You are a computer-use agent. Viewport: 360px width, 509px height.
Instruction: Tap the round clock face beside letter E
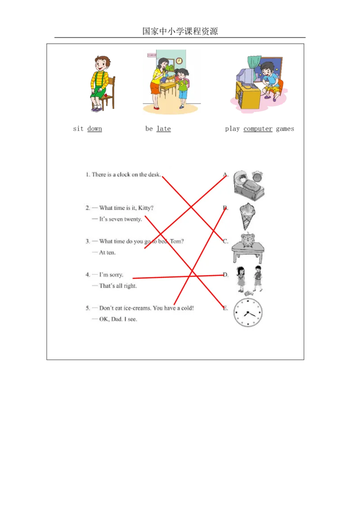[247, 313]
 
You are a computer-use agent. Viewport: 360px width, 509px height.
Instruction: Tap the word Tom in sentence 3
[178, 241]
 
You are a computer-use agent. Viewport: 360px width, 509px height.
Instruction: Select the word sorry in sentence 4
[116, 275]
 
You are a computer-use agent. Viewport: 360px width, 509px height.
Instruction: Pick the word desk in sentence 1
[153, 174]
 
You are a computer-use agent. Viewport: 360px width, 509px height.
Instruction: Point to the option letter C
[225, 241]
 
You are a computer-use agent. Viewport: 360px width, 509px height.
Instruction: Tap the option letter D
[225, 275]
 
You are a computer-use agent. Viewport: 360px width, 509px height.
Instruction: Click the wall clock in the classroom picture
[179, 61]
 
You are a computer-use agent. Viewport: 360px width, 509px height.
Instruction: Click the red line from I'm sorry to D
[180, 277]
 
